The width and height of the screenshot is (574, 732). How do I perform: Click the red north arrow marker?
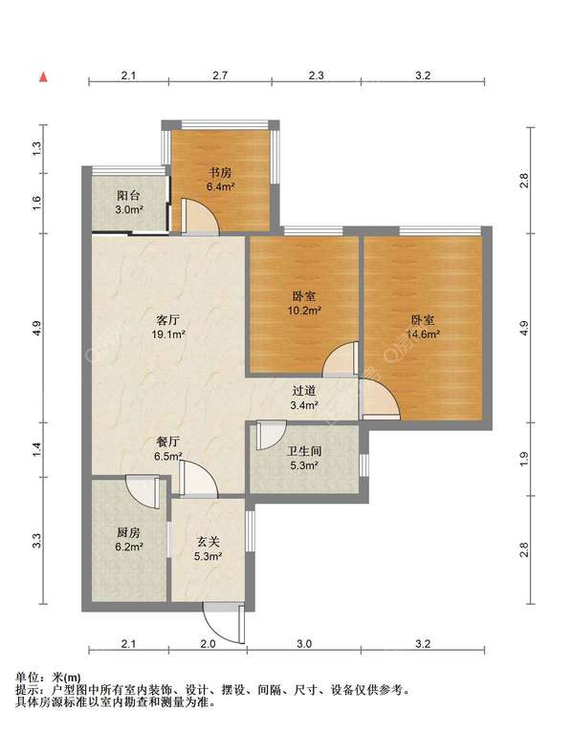tap(43, 76)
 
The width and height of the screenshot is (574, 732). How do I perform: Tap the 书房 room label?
tap(220, 173)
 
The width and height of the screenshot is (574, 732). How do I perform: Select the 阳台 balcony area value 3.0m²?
tap(129, 209)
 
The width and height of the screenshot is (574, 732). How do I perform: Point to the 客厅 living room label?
tap(167, 320)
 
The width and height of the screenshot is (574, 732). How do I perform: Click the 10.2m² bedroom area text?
tap(304, 310)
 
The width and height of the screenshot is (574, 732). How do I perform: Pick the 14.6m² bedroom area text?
tap(423, 334)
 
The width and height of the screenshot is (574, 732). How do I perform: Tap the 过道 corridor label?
tap(304, 391)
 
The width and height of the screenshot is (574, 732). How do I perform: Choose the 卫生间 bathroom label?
tap(304, 451)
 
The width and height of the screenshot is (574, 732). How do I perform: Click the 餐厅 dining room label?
tap(167, 441)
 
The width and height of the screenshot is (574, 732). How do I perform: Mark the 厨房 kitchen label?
tap(128, 532)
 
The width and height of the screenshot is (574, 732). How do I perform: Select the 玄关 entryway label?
tap(208, 542)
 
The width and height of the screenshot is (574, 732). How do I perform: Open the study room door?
tap(200, 217)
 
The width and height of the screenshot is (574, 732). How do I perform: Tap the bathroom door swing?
tap(271, 435)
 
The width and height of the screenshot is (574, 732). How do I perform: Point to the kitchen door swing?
tap(143, 490)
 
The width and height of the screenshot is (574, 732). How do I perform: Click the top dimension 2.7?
tap(220, 75)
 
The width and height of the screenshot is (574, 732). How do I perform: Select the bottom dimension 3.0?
tap(304, 644)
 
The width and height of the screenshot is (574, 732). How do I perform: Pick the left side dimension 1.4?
tap(37, 449)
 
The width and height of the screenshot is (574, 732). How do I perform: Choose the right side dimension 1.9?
tap(524, 459)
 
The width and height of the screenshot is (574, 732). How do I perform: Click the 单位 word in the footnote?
tap(28, 677)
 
